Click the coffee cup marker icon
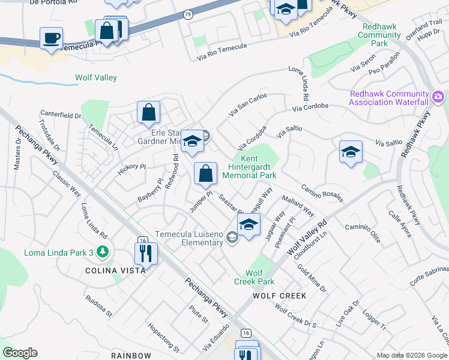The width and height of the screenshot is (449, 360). [x=51, y=38]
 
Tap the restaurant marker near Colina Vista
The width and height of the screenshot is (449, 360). [x=145, y=253]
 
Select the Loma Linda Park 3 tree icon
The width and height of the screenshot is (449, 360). [x=104, y=252]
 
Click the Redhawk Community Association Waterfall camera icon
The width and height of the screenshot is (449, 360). [x=438, y=97]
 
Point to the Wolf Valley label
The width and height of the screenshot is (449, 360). [x=96, y=77]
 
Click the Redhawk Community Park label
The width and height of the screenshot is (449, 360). [x=379, y=35]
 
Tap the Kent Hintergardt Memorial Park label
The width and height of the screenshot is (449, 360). [x=249, y=167]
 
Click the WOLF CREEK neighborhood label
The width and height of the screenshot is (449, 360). [x=279, y=296]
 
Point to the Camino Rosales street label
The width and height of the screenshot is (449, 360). [x=322, y=193]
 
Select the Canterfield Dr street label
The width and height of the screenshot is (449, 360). [x=61, y=114]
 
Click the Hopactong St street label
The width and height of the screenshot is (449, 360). [x=163, y=338]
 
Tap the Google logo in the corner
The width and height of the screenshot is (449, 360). [x=20, y=353]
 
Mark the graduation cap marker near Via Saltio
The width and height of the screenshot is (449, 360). [x=351, y=152]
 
